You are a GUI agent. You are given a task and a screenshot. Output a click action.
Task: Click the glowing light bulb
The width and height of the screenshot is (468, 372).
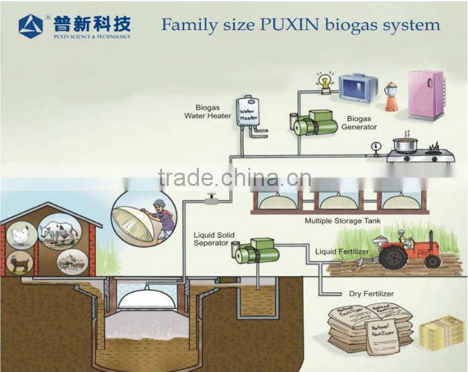pos(325,82)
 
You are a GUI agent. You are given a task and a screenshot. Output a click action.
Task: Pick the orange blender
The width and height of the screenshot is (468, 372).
pos(391,97)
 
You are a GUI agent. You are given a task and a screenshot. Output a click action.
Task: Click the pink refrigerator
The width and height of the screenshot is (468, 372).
pos(426,94)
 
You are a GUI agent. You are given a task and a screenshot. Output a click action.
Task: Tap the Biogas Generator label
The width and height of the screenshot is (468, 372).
pos(359,123)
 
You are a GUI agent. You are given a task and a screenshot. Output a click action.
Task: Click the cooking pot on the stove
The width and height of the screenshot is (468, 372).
pos(405,145)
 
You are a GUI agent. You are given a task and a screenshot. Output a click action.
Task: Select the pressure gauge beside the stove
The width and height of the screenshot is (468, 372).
pos(376,145)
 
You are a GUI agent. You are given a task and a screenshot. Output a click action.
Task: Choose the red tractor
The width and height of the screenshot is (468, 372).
pos(408,250)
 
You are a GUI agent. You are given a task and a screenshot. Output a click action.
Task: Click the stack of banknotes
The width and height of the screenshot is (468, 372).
pos(441,333)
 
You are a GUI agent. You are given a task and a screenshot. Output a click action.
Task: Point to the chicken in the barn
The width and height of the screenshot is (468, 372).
pos(21,236)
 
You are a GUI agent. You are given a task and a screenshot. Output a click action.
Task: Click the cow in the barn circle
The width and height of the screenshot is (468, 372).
pos(59,232)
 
